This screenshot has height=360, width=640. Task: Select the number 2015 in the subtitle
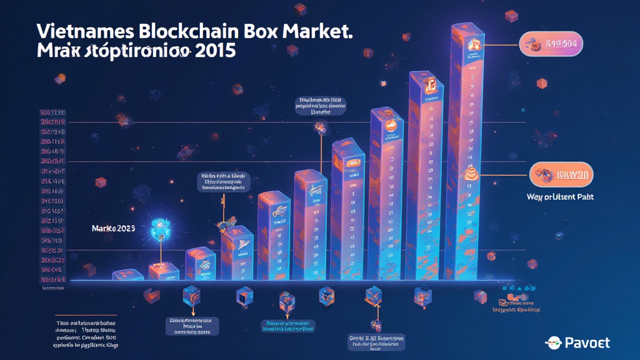tap(215, 51)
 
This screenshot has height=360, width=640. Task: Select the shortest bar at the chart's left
tap(127, 274)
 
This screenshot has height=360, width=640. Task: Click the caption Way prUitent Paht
tap(560, 197)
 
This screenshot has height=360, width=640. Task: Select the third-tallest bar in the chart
tap(387, 194)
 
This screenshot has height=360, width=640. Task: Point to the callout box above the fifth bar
tap(223, 181)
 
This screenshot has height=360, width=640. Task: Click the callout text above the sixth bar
tap(321, 106)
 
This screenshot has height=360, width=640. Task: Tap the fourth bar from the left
tap(237, 253)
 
